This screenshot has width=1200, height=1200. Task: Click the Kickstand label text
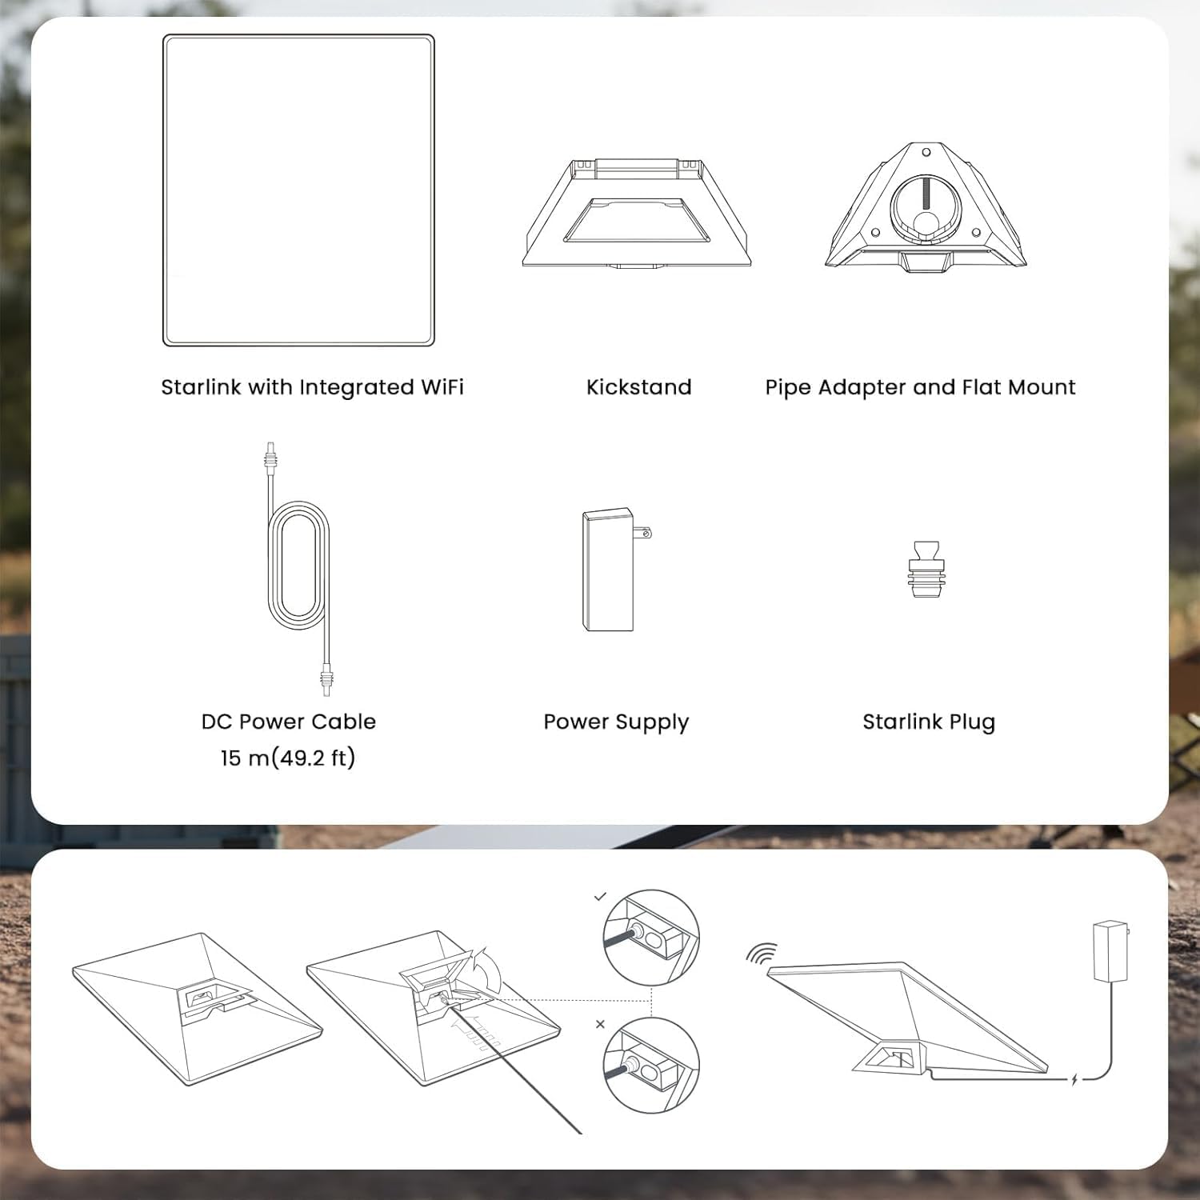point(638,387)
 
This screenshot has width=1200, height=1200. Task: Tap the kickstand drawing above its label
point(637,213)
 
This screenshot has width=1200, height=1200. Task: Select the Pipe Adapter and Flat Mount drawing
point(926,206)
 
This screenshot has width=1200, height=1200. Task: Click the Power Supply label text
point(615,722)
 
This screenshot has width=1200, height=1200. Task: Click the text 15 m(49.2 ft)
point(288,758)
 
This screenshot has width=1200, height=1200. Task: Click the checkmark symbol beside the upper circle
point(600,897)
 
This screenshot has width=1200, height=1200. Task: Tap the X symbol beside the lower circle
point(600,1024)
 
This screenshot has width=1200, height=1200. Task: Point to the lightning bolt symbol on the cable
point(1074,1079)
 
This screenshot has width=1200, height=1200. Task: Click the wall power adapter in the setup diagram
point(1110,951)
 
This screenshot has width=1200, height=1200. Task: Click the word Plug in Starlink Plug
point(972,722)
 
